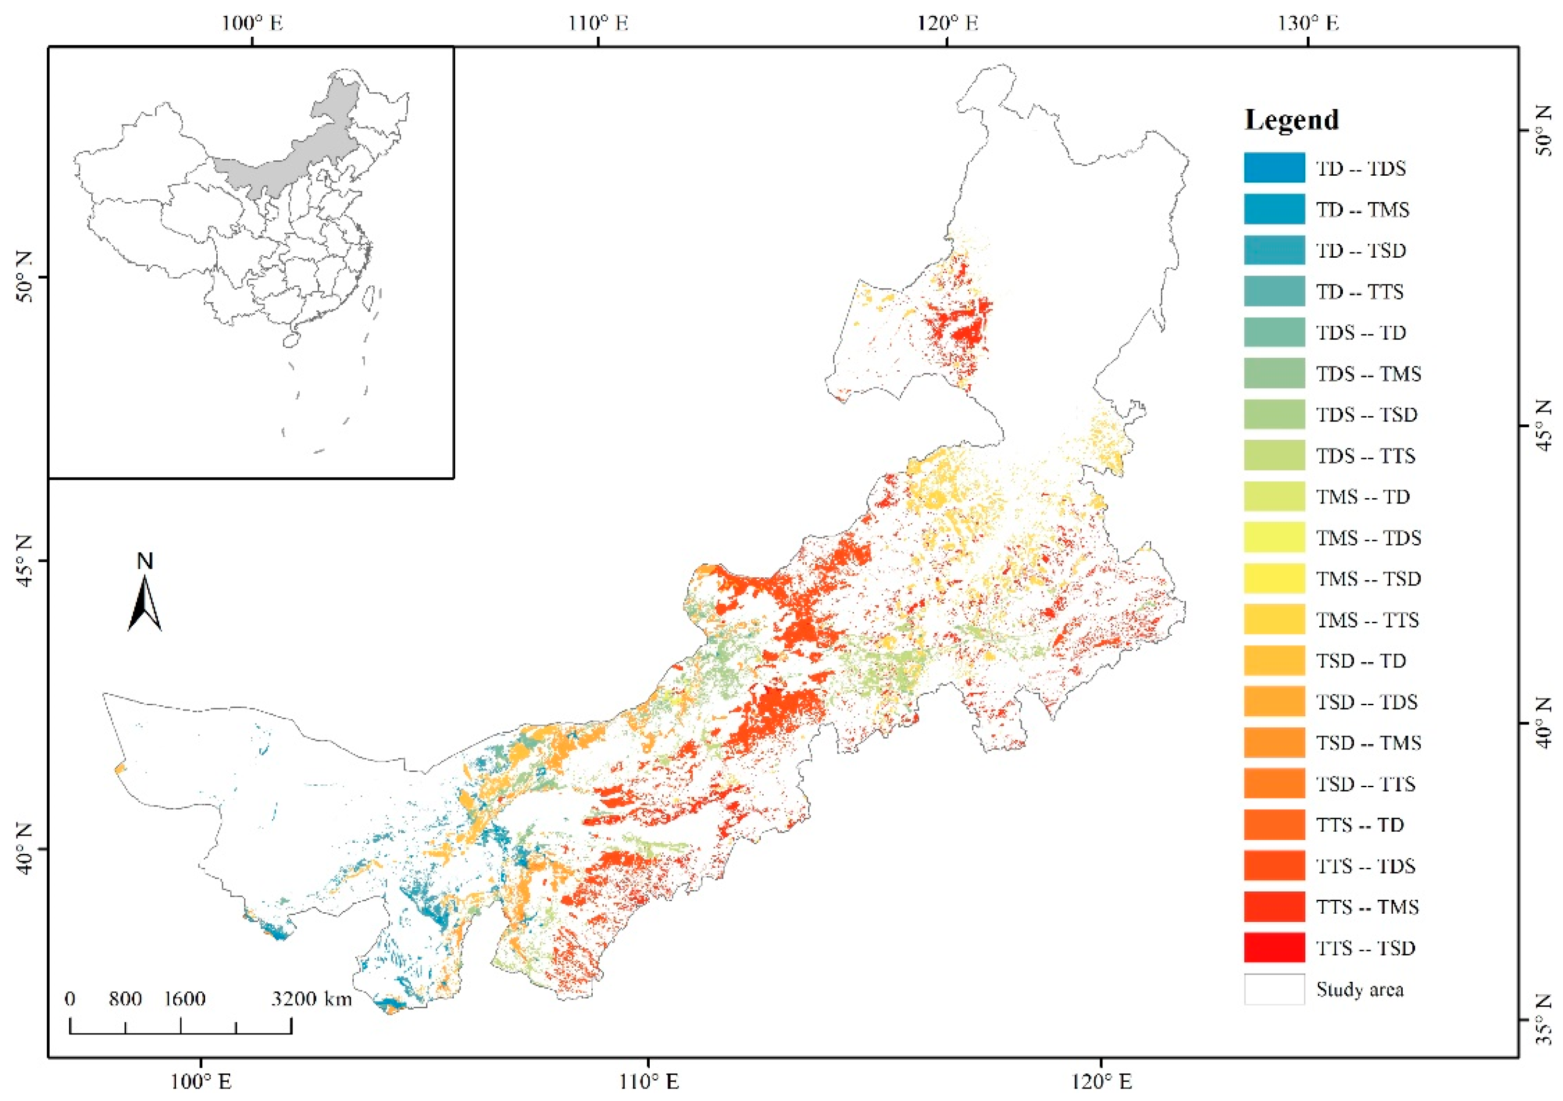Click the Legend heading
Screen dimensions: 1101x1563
point(1291,120)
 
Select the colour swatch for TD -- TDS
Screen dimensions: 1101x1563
point(1274,168)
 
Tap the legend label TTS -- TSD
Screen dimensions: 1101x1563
point(1365,948)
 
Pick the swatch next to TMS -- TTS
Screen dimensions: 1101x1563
point(1274,620)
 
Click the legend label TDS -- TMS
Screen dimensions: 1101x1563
point(1368,374)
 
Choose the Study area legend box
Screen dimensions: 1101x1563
point(1274,990)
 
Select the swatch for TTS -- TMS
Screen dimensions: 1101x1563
point(1274,906)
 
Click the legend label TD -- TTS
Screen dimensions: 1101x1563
point(1359,292)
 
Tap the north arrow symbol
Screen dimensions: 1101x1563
point(145,603)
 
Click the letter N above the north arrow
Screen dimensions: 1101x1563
point(145,561)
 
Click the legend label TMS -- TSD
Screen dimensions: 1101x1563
point(1368,579)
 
